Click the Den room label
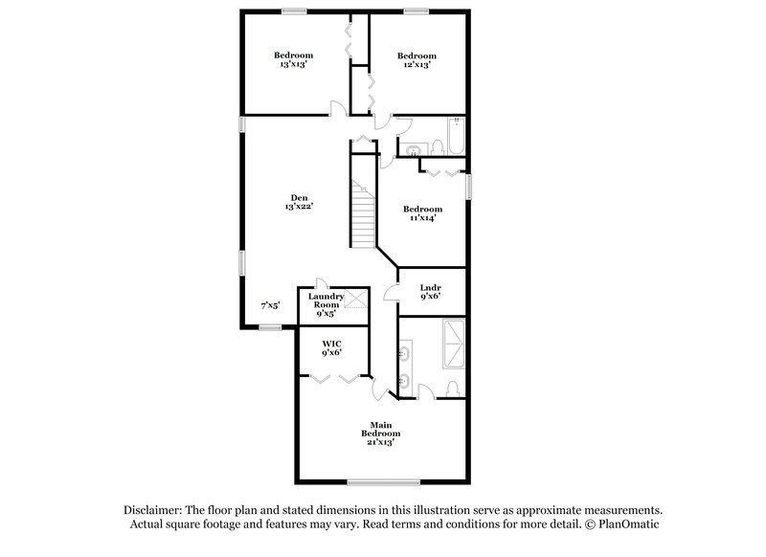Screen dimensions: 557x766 click(300, 198)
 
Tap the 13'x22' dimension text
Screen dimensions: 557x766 click(300, 207)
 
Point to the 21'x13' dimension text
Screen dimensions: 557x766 click(379, 442)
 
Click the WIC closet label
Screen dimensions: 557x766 click(331, 342)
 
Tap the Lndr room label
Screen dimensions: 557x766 click(431, 286)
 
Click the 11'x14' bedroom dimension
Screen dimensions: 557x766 click(422, 218)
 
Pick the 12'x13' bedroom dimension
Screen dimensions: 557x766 click(417, 65)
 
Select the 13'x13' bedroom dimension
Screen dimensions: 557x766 click(294, 64)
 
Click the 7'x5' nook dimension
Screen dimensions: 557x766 click(271, 305)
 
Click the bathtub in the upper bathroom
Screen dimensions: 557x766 click(457, 137)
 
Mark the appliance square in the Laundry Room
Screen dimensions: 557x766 click(356, 300)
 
